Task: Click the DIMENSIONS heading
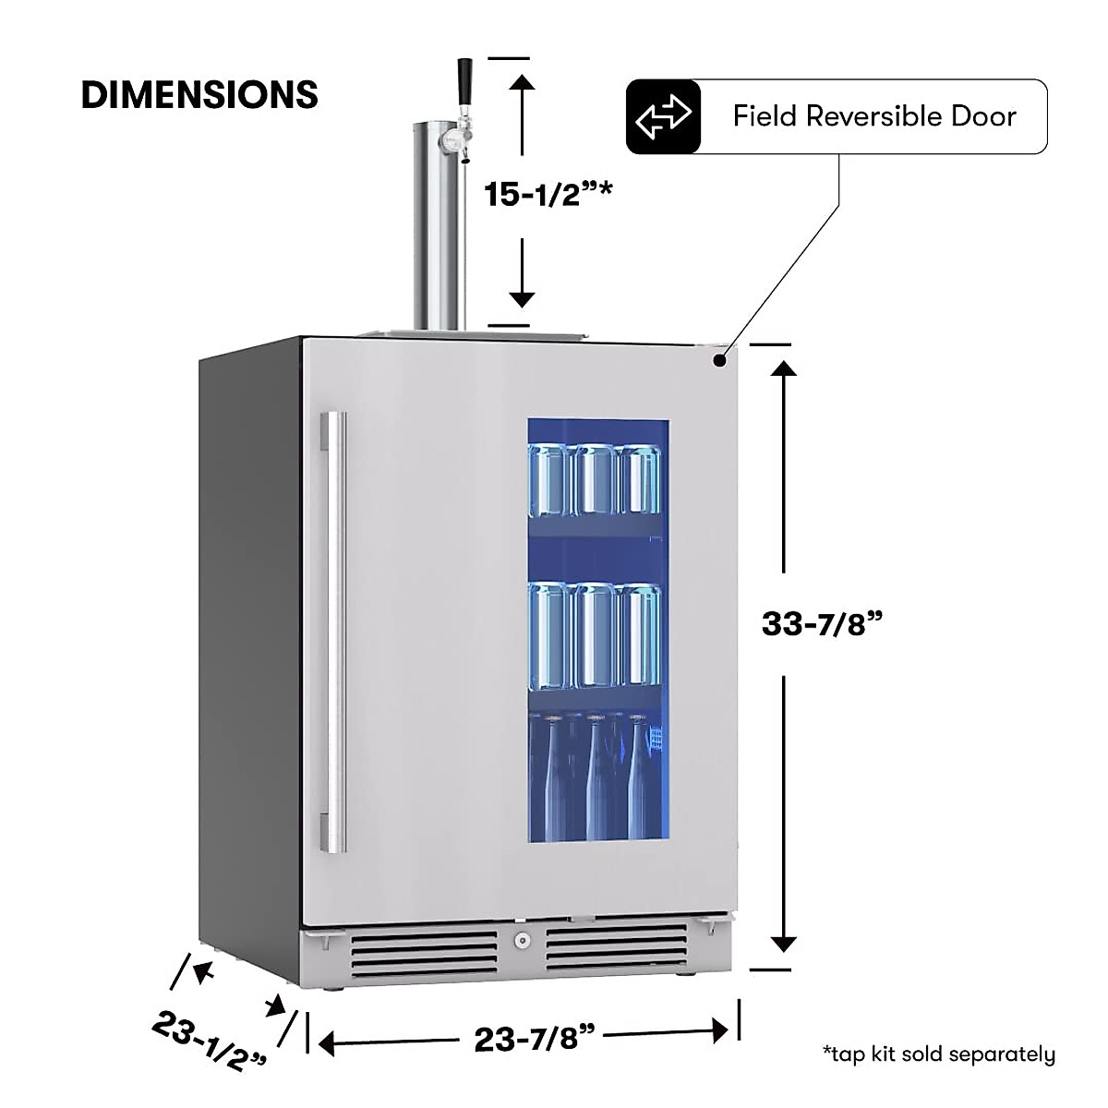(x=199, y=95)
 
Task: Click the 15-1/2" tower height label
(x=536, y=194)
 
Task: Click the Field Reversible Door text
(x=873, y=116)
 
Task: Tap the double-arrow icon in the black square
(x=663, y=116)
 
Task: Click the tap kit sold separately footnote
(x=938, y=1054)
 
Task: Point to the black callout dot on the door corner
(x=718, y=361)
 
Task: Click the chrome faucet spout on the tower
(x=453, y=141)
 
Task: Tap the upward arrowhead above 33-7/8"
(x=783, y=369)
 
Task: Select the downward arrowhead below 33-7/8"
(x=783, y=943)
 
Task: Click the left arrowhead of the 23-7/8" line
(x=327, y=1043)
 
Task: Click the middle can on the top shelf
(x=596, y=479)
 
